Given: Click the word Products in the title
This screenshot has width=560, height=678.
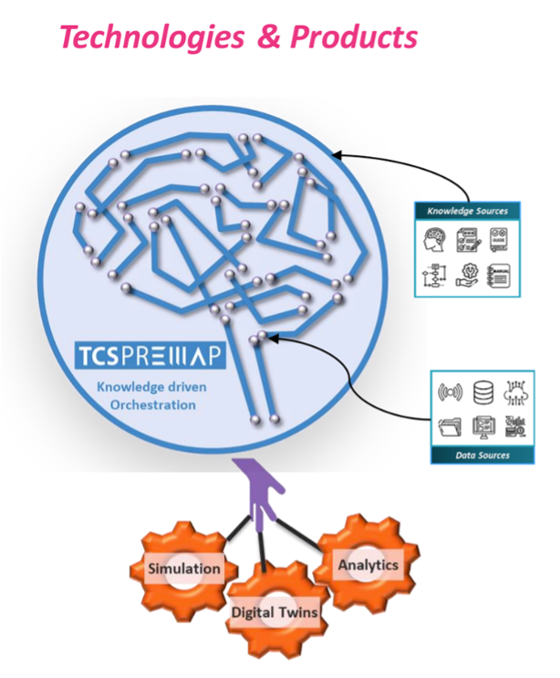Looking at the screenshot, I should point(354,37).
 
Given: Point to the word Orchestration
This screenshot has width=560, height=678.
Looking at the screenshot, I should point(150,403).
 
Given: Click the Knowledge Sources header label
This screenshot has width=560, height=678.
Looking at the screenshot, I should point(467,211).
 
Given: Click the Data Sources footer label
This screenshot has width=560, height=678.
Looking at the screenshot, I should point(482,454).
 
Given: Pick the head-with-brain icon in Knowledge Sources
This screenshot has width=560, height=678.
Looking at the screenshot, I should point(436,240).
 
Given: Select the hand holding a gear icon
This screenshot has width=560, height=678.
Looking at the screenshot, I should point(467,275).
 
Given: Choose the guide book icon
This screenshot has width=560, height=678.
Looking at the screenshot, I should point(498,240).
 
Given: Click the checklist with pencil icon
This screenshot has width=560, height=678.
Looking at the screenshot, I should point(467,240).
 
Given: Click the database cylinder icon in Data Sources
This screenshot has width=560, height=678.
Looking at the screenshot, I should point(482,394).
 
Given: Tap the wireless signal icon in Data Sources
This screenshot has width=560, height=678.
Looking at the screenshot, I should point(450,394).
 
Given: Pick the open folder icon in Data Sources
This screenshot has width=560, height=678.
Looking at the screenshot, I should point(450,426).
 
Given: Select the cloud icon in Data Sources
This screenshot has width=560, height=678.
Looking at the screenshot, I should point(514,394).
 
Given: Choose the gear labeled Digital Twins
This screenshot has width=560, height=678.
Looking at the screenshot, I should point(274,611).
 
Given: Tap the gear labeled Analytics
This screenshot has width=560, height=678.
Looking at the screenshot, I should point(368,564).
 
